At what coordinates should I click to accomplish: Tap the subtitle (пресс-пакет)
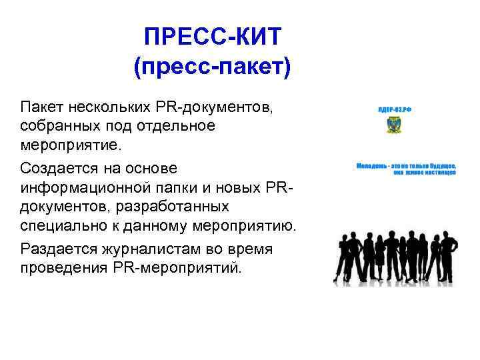pos(213,67)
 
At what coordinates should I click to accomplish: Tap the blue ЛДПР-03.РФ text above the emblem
pos(395,110)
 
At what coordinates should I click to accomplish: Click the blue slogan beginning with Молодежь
pos(406,167)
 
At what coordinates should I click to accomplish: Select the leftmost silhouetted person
pos(341,257)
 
